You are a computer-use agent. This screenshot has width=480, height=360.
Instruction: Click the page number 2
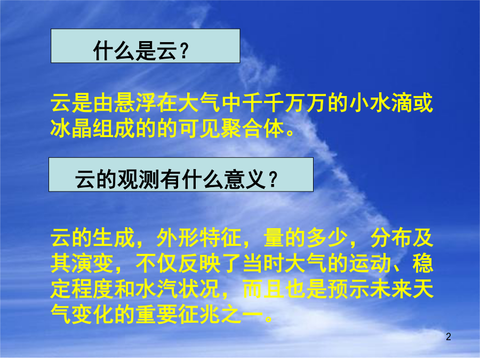449,337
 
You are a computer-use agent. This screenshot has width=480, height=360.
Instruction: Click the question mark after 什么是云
183,51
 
